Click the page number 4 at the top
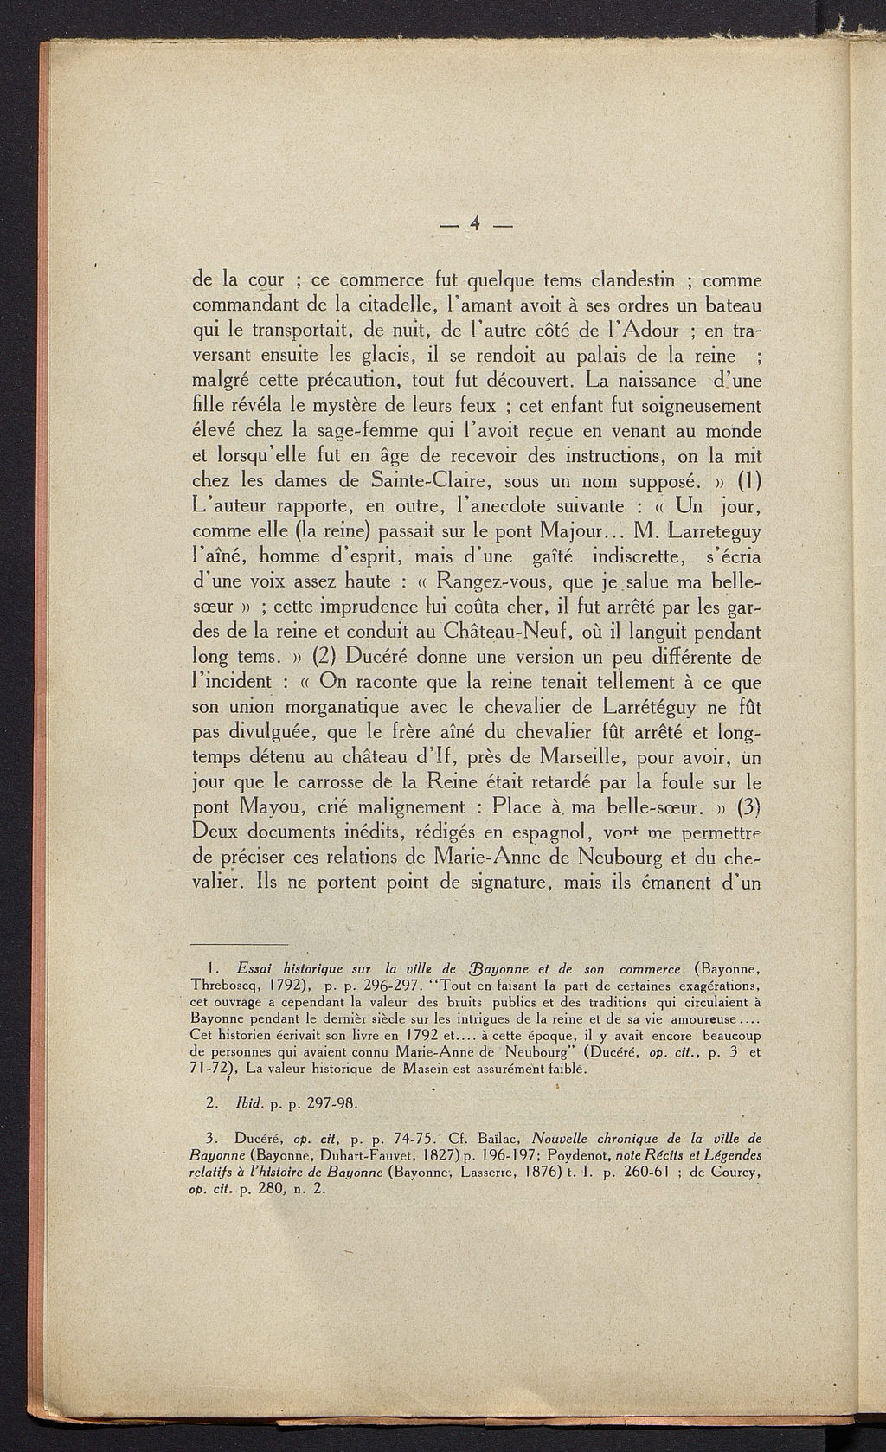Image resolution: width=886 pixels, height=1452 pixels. pos(476,225)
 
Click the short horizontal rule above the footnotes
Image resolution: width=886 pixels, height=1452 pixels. pos(238,943)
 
